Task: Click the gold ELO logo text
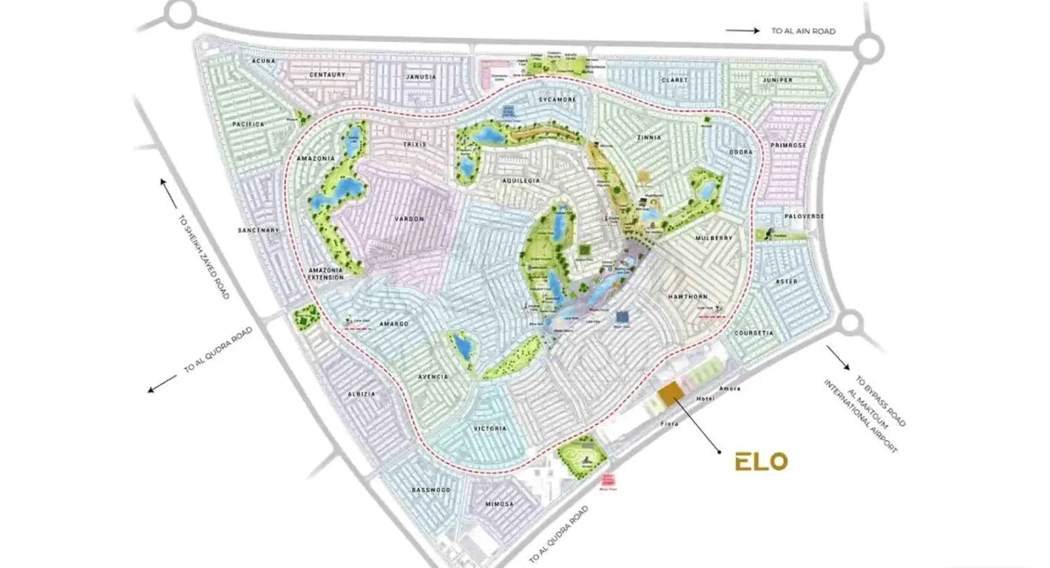pos(761,462)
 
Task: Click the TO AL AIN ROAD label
pos(803,31)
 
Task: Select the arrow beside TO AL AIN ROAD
pos(742,30)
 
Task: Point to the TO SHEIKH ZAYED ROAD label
pos(203,257)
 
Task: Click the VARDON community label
pos(409,219)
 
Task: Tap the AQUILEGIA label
pos(521,181)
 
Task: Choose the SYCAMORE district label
pos(557,99)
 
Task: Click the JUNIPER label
pos(777,80)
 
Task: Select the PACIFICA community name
pos(248,124)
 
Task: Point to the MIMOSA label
pos(499,504)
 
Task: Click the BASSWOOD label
pos(431,490)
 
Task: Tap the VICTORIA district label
pos(490,429)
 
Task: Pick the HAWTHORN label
pos(688,297)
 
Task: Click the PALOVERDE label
pos(804,216)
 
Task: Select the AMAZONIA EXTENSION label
pos(326,274)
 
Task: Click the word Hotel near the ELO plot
pos(705,399)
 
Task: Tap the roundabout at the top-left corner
pos(180,14)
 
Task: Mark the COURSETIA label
pos(754,333)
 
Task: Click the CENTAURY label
pos(327,75)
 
